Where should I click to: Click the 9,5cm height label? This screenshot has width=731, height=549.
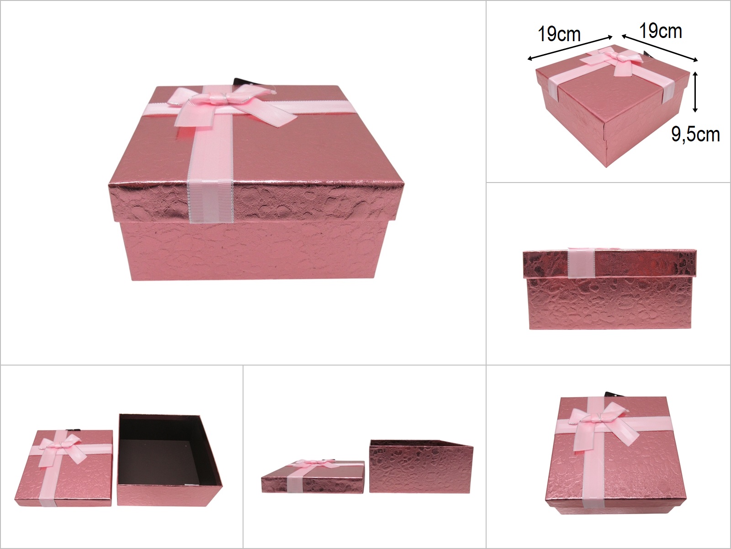click(695, 135)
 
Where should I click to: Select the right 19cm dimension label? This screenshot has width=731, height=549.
click(661, 31)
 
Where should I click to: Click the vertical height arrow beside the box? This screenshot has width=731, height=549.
click(695, 92)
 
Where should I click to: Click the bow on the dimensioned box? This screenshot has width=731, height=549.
click(616, 62)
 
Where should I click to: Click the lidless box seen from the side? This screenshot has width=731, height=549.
click(421, 466)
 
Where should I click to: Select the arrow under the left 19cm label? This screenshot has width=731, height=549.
click(570, 48)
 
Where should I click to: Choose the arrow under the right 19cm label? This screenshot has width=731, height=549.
click(659, 48)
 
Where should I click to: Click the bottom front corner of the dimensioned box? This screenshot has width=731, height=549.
click(607, 166)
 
